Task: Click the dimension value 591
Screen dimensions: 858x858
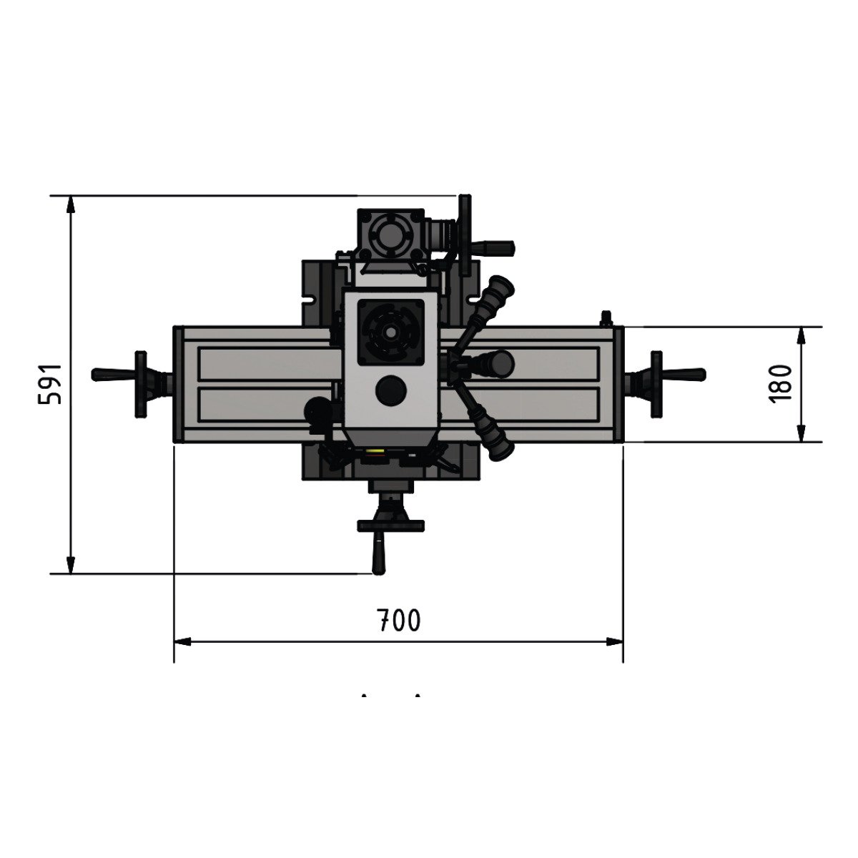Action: (x=49, y=384)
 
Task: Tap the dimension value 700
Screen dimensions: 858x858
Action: (x=398, y=620)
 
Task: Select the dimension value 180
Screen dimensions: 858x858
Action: (x=781, y=384)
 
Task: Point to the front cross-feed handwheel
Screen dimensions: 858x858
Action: (x=390, y=526)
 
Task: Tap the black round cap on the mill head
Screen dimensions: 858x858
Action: (x=391, y=390)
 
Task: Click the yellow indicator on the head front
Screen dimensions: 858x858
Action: (x=373, y=450)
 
